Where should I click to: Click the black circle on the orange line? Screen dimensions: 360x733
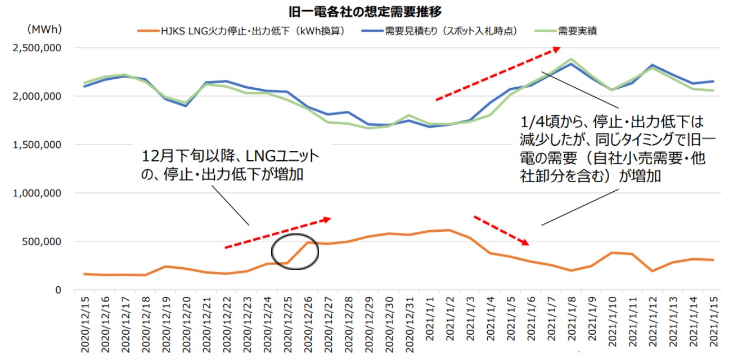pyautogui.click(x=295, y=251)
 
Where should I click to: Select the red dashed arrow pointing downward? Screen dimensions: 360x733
pyautogui.click(x=501, y=230)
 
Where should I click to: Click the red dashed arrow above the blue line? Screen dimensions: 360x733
pyautogui.click(x=498, y=74)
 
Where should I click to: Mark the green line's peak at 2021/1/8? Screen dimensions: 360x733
pyautogui.click(x=570, y=58)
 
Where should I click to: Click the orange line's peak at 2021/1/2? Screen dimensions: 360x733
pyautogui.click(x=448, y=229)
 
